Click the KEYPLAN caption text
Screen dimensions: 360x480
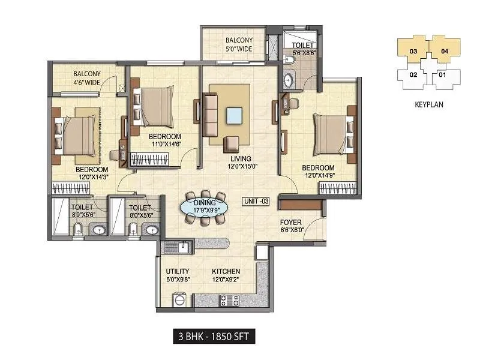428,104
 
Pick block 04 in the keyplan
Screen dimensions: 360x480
445,51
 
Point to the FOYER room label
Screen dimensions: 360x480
292,224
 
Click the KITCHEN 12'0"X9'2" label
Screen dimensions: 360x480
226,275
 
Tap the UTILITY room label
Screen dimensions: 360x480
178,275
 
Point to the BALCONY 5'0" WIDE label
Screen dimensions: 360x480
235,45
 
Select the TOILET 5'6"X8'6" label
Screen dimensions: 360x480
304,49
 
